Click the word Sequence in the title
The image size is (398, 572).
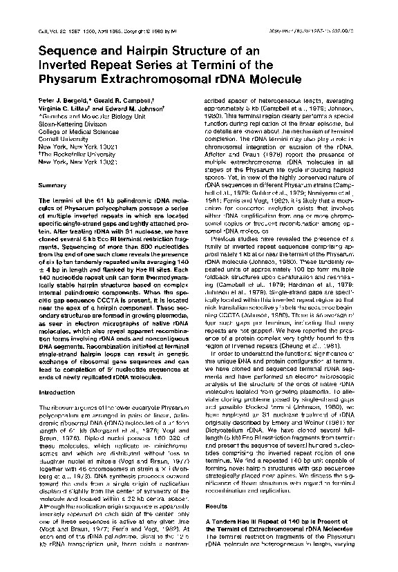coord(67,50)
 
